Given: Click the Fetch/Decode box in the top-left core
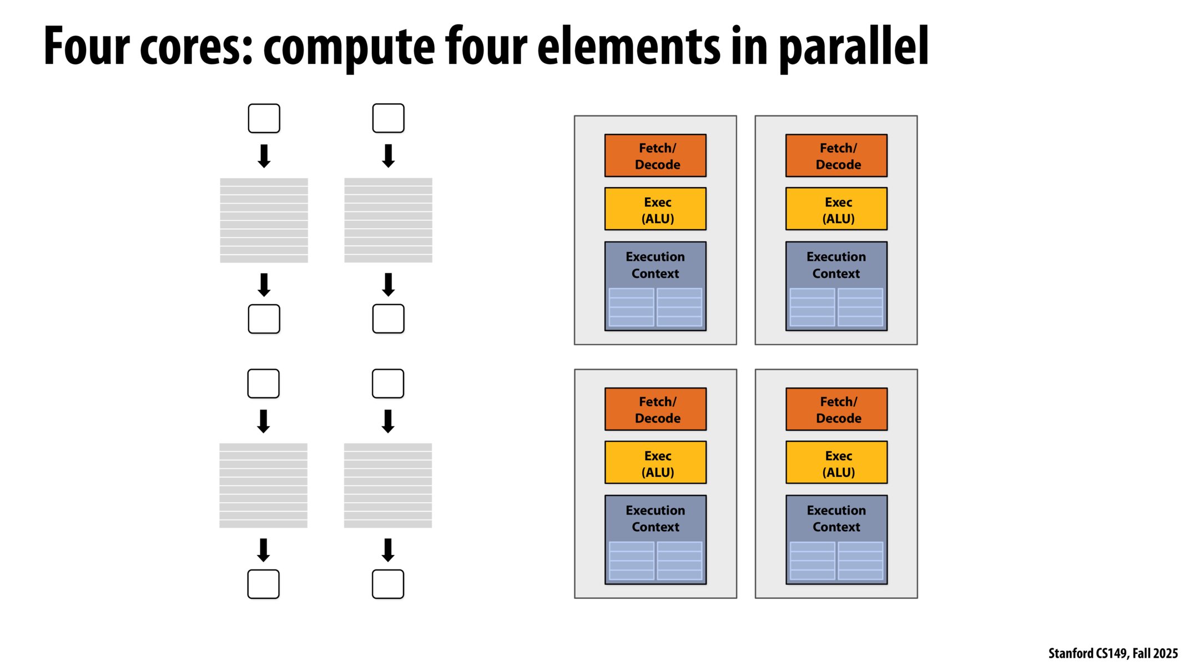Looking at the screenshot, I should pyautogui.click(x=655, y=156).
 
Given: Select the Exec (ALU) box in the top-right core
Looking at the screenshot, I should pyautogui.click(x=836, y=209).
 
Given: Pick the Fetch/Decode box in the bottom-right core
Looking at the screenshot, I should pyautogui.click(x=836, y=410).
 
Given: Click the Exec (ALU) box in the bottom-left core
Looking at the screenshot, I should pyautogui.click(x=655, y=463).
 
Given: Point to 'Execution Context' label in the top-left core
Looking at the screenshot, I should pyautogui.click(x=655, y=265).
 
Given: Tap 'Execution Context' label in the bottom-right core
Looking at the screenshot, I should pyautogui.click(x=836, y=519).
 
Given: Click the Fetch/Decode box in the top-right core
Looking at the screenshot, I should pyautogui.click(x=836, y=156).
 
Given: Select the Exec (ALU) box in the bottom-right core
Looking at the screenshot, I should pyautogui.click(x=836, y=463).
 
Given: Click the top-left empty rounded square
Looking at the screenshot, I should pyautogui.click(x=264, y=118).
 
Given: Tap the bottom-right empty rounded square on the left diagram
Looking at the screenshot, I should pyautogui.click(x=387, y=584).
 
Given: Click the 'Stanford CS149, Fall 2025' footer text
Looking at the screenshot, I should pyautogui.click(x=1112, y=653).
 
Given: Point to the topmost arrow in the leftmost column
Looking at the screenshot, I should pyautogui.click(x=264, y=156).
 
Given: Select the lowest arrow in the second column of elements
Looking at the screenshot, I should pyautogui.click(x=388, y=550).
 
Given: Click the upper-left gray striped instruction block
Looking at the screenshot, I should pyautogui.click(x=264, y=220).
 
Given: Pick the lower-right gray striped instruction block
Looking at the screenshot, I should pyautogui.click(x=387, y=486).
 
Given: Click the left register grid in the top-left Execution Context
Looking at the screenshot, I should pyautogui.click(x=631, y=307).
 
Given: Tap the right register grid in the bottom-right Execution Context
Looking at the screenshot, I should pyautogui.click(x=860, y=561).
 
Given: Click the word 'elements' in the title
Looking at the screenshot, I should pyautogui.click(x=628, y=47).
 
